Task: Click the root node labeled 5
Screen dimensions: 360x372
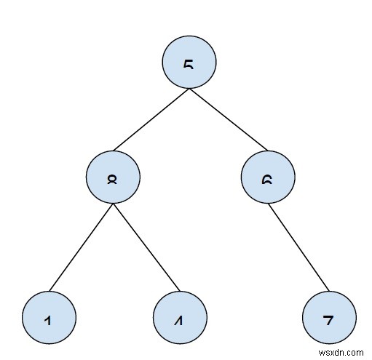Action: [x=189, y=63]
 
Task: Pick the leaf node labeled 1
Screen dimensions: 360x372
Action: [x=48, y=319]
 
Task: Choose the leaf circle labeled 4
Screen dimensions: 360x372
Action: [x=178, y=319]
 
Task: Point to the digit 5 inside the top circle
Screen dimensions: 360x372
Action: [x=189, y=65]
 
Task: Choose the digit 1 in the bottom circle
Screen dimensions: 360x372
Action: [x=48, y=320]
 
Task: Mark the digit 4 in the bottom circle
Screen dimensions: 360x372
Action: [x=178, y=320]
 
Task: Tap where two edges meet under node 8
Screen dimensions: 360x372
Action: [x=112, y=204]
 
